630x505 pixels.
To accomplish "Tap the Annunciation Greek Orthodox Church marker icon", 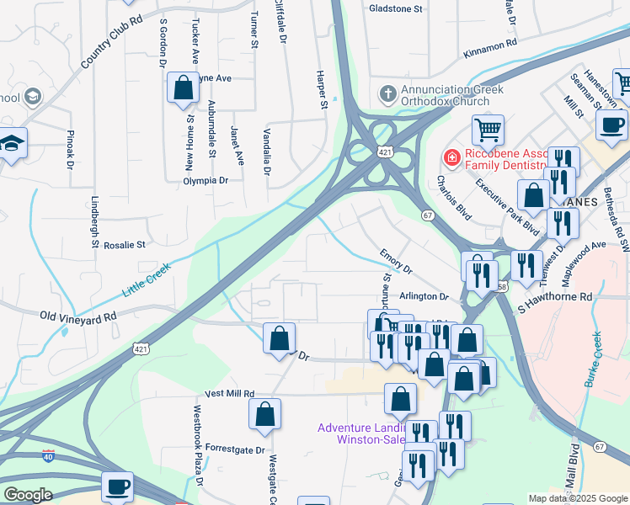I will click(387, 92).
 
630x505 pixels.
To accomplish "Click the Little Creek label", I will click(147, 279).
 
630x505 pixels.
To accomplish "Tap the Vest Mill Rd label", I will click(229, 394).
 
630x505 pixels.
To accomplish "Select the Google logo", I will click(27, 495).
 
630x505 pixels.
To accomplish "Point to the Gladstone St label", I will click(395, 8).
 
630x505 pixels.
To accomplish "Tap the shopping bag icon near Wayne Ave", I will click(182, 88).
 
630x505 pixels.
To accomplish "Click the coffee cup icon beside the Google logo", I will click(117, 486).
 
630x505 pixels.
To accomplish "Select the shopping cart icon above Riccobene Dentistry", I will click(487, 130).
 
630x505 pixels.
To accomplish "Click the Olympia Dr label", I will click(206, 181).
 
